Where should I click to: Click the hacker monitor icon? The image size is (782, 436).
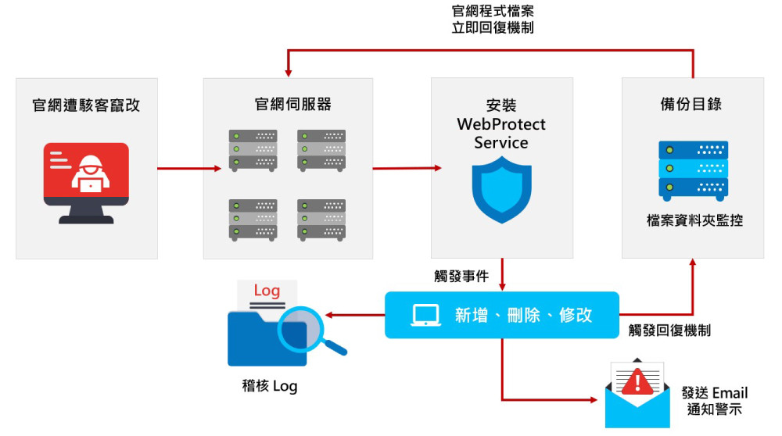click(x=86, y=182)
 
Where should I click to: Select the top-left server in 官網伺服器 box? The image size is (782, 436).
click(x=253, y=150)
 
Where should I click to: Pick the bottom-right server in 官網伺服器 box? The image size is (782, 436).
click(x=321, y=219)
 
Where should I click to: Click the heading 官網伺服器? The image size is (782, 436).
click(x=288, y=105)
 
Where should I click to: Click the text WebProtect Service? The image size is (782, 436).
click(x=501, y=133)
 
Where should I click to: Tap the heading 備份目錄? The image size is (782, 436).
click(x=692, y=105)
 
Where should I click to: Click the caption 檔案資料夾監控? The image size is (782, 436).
click(x=692, y=221)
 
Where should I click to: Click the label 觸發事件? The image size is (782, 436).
click(x=461, y=277)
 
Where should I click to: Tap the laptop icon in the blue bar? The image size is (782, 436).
click(x=425, y=315)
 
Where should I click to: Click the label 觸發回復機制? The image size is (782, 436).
click(x=669, y=331)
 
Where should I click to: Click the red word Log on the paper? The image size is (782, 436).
click(x=267, y=291)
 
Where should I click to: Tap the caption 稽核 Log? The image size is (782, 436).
click(x=269, y=386)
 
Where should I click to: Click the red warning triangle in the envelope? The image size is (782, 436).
click(x=640, y=381)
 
